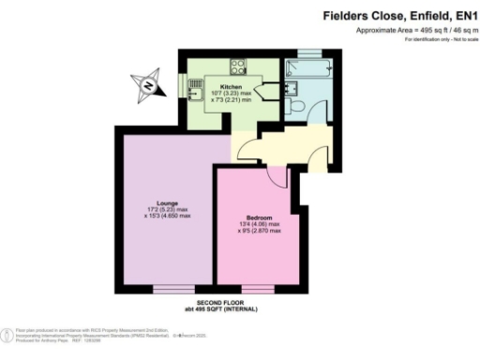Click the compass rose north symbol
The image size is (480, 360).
click(x=148, y=87)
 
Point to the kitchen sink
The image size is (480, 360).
click(x=196, y=89)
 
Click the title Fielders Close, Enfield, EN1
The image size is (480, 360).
click(x=400, y=15)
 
